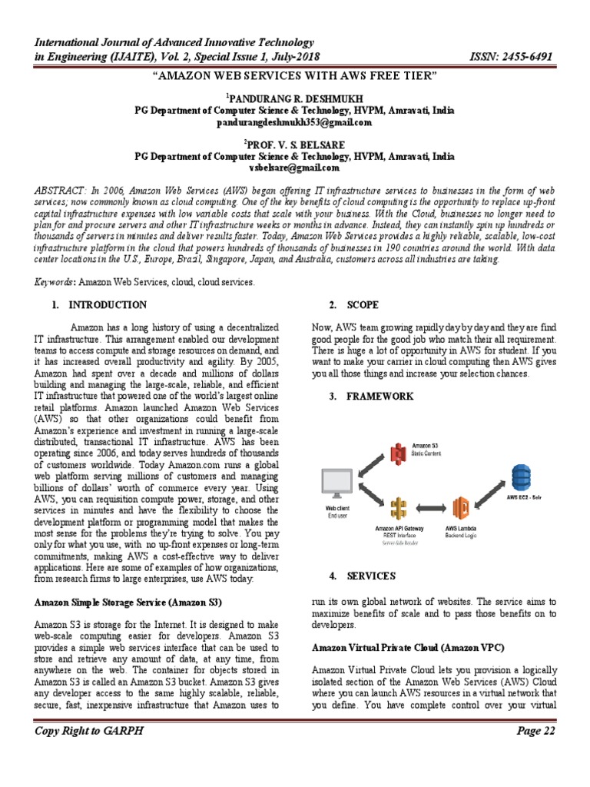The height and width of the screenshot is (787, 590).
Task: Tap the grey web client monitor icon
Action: (337, 483)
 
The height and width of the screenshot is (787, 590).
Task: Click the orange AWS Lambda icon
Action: (462, 510)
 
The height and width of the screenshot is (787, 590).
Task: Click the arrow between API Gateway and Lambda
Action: (430, 510)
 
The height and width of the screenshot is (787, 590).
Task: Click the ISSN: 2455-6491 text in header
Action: (511, 58)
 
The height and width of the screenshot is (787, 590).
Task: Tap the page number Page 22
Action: (535, 752)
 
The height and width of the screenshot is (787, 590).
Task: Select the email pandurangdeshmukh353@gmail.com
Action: (294, 122)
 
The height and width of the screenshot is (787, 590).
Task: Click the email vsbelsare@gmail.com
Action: (294, 167)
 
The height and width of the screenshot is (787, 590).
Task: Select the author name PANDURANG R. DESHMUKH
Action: (296, 99)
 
